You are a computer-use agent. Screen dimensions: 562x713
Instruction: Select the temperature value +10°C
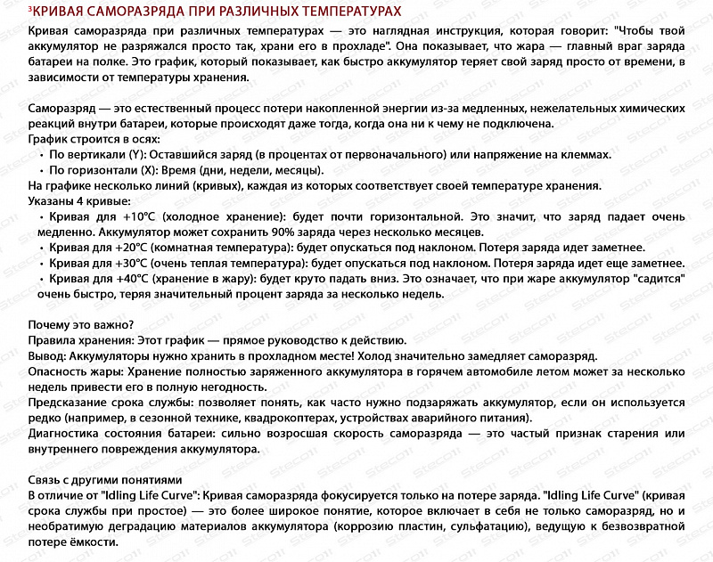[x=139, y=216]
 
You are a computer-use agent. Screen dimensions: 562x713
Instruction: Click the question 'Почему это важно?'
[x=81, y=325]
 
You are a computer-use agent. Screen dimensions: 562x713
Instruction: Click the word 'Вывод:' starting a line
[x=48, y=356]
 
